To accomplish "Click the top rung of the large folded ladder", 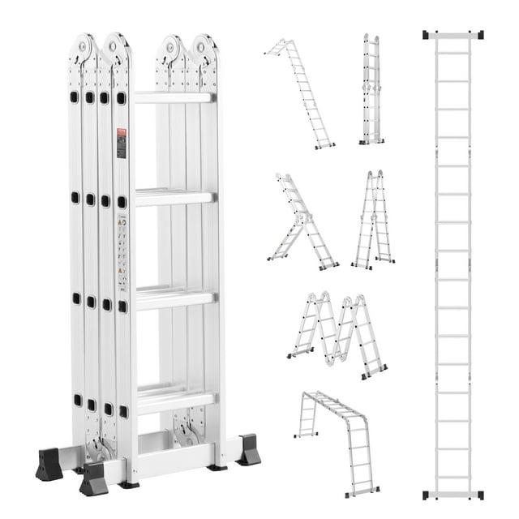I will click(x=174, y=97).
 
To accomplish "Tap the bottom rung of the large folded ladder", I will click(x=174, y=399).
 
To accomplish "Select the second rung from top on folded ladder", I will click(x=174, y=197).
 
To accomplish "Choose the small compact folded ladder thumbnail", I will click(x=371, y=89).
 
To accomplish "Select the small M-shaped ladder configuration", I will click(x=337, y=332).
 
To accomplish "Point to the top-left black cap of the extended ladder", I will click(x=427, y=35).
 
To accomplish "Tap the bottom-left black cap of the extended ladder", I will click(x=427, y=494).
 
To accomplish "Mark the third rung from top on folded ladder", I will click(x=174, y=298).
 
